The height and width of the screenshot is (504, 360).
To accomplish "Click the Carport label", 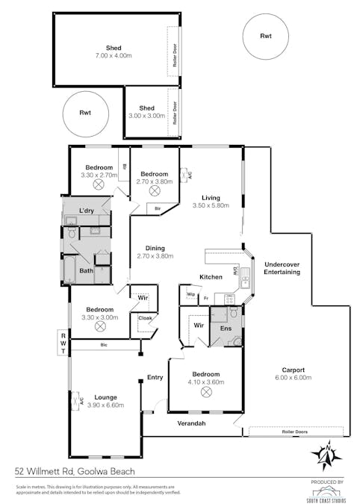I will pyautogui.click(x=293, y=368).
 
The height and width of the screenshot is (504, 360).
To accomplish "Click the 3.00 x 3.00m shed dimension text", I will pyautogui.click(x=146, y=116).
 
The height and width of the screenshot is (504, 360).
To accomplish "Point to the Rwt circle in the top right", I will pyautogui.click(x=266, y=36).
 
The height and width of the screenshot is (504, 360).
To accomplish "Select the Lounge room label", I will pyautogui.click(x=105, y=397).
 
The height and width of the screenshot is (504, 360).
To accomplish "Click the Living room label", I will pyautogui.click(x=205, y=198).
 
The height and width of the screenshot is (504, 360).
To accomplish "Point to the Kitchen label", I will pyautogui.click(x=211, y=277).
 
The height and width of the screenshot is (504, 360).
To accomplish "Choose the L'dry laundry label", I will pyautogui.click(x=87, y=212).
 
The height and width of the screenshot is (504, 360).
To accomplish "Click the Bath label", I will pyautogui.click(x=86, y=271).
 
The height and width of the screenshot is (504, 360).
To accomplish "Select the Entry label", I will pyautogui.click(x=155, y=377).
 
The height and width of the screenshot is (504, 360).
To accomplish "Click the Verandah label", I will pyautogui.click(x=190, y=423).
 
